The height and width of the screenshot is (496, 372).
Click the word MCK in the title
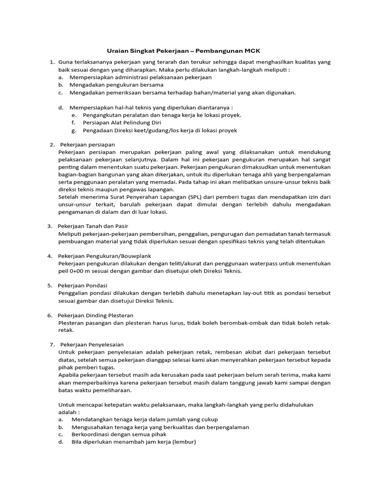255,50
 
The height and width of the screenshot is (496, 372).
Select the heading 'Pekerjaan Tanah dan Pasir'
93,226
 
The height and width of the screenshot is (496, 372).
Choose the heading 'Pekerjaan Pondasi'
83,285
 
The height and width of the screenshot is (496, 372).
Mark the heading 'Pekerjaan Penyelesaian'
92,344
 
